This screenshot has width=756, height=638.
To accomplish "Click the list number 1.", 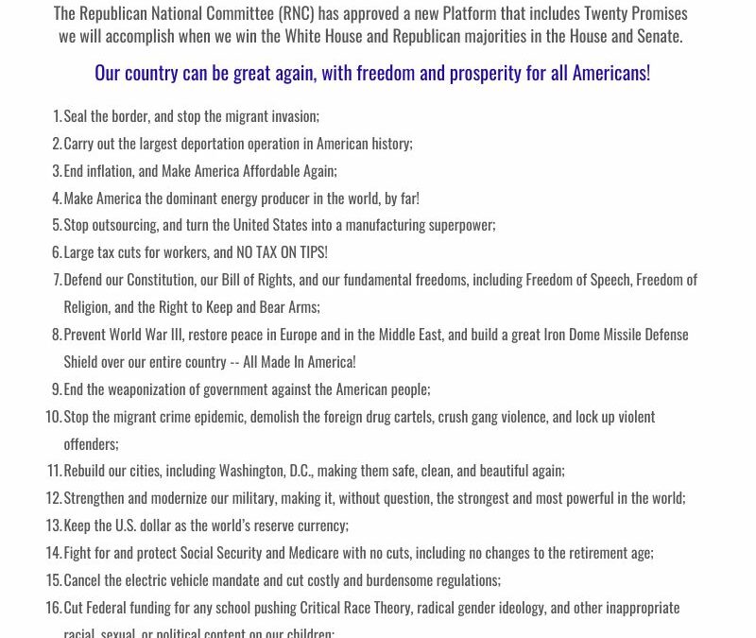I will point(57,116).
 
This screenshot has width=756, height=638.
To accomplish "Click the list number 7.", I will point(57,280).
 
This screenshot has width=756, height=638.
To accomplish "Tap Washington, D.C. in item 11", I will point(265,471).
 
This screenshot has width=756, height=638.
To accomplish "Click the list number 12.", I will point(53,498).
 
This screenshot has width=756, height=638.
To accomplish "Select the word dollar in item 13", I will point(162,526).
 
